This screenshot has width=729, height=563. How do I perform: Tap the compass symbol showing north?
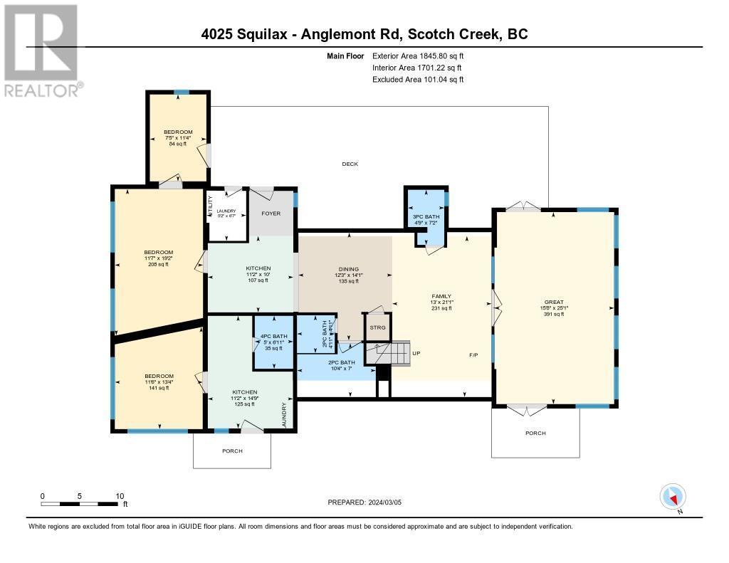[673, 496]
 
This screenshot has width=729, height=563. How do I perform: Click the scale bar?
[80, 504]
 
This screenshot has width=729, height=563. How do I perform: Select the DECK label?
[350, 164]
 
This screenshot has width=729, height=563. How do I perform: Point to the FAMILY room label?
[441, 297]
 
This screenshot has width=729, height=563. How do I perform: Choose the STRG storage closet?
[377, 327]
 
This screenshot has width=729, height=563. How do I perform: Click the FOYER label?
[271, 213]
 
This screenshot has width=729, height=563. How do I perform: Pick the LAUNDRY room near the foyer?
[226, 214]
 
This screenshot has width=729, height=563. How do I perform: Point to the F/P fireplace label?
[473, 354]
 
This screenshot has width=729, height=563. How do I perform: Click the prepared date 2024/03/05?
[364, 502]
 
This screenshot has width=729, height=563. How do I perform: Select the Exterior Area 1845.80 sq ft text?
[419, 55]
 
